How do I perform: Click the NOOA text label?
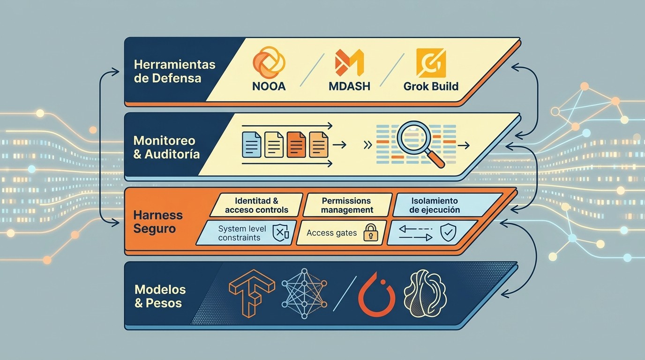(269, 86)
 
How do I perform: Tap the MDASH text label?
(349, 86)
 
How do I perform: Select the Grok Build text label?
(431, 86)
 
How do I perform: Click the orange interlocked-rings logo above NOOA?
(269, 62)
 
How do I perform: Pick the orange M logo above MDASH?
(349, 62)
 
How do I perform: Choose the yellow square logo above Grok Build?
(431, 63)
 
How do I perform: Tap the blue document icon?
(251, 144)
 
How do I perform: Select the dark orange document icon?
(296, 144)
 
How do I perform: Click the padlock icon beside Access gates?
(371, 232)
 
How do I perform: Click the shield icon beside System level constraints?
(280, 232)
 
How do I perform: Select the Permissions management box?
(347, 205)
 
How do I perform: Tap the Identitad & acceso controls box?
(256, 205)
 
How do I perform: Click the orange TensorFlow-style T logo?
(252, 293)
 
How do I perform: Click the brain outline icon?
(425, 293)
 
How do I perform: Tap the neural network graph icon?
(304, 293)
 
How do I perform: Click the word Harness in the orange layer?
(158, 215)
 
